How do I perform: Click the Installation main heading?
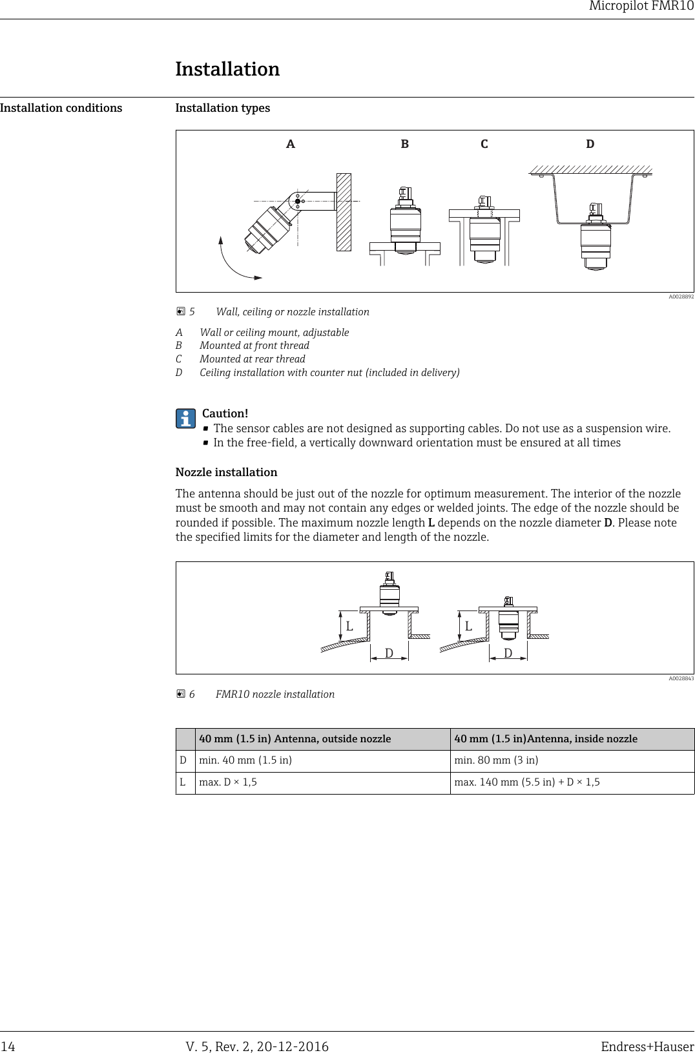227,69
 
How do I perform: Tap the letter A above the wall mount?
291,144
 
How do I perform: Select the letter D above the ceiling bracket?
590,144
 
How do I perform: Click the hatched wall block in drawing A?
344,212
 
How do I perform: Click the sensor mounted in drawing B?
405,223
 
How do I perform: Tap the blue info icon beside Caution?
185,419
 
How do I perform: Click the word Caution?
225,413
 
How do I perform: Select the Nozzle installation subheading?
226,472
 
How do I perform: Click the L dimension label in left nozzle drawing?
349,627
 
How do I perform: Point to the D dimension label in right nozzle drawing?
508,654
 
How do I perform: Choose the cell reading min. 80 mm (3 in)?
496,760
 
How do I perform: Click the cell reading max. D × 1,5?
227,782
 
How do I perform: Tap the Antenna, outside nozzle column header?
295,738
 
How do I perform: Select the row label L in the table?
183,782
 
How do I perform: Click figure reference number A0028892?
681,297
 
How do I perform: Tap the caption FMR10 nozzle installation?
275,694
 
